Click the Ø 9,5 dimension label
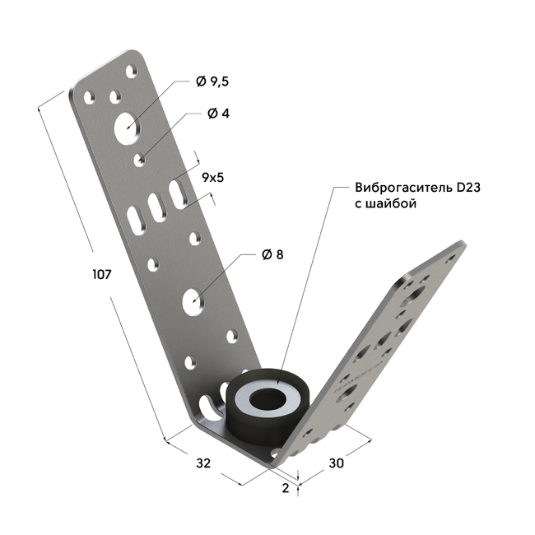212,81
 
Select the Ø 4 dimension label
218,114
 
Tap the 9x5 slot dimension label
213,178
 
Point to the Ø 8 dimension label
272,254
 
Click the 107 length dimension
102,274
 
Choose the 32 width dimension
203,463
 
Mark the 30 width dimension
336,463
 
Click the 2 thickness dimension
286,488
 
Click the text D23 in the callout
468,188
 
